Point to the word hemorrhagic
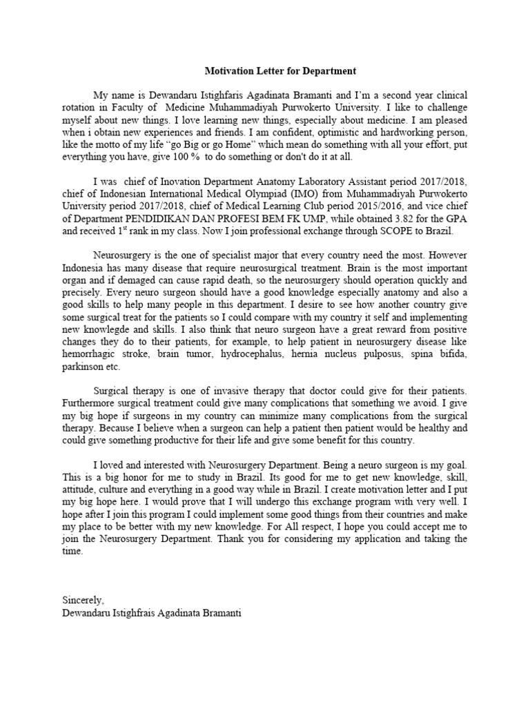(x=89, y=354)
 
